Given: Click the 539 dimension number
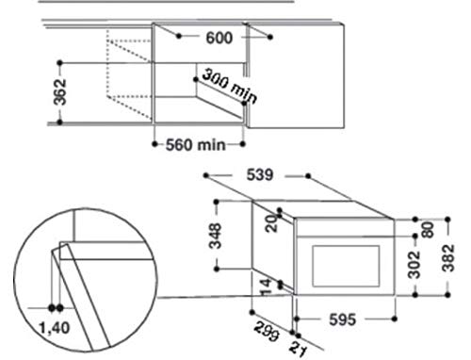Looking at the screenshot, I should (256, 174).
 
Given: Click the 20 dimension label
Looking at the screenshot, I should (269, 221).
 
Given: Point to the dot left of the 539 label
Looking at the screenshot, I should (204, 175).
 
